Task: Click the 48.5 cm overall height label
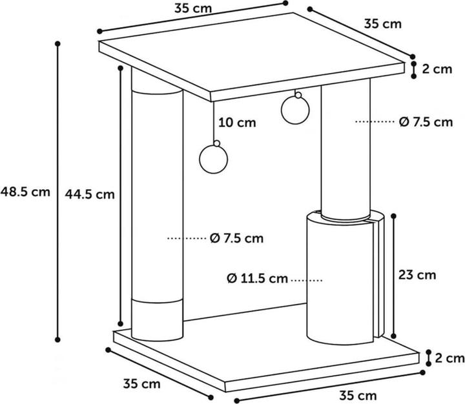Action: [x=25, y=192]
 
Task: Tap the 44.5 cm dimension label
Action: [x=90, y=194]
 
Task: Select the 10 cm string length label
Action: [x=237, y=123]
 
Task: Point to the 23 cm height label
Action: [x=417, y=275]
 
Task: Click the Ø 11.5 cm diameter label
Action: [x=258, y=279]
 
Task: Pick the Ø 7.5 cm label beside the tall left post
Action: [x=236, y=238]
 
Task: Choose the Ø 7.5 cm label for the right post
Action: [x=426, y=122]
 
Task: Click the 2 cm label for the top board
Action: [x=437, y=69]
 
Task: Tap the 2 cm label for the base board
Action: [x=449, y=358]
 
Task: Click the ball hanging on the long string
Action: [x=214, y=159]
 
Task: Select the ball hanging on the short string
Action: [x=295, y=110]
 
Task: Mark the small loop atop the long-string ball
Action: [x=217, y=143]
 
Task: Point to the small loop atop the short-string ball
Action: [x=298, y=95]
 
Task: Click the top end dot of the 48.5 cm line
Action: [x=58, y=44]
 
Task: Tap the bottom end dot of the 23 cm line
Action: [x=393, y=336]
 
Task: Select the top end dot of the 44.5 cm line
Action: [x=120, y=68]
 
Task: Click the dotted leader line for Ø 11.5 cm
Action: [x=307, y=279]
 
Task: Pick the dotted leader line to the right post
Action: [x=375, y=121]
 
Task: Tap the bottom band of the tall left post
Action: [x=157, y=320]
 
